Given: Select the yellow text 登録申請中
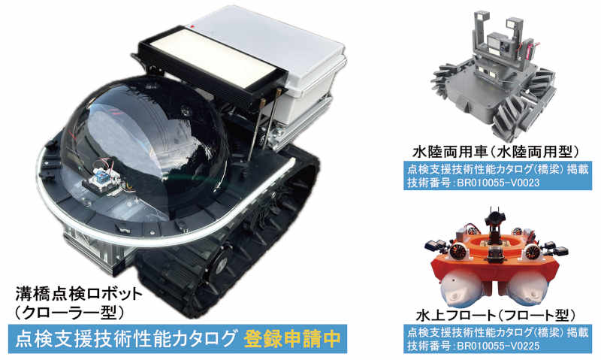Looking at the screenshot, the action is pos(292,339).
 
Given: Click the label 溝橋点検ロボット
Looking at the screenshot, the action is pos(79,295).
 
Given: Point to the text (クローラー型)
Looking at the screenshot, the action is pos(68,313).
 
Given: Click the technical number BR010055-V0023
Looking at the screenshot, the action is pos(498,183).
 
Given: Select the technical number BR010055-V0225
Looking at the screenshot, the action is pos(498,346).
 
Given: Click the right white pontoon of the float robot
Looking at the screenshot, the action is pos(530,289).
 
